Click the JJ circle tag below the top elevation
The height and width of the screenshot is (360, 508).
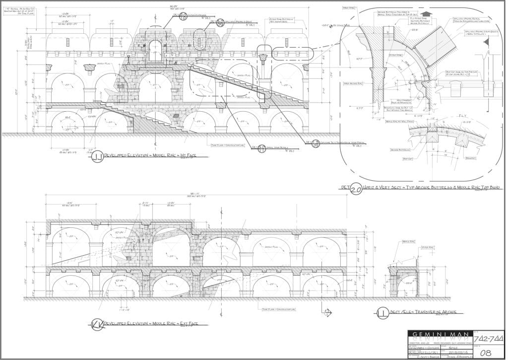click(97, 158)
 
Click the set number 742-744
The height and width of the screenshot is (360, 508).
click(489, 338)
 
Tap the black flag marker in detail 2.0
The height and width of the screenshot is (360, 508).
click(486, 43)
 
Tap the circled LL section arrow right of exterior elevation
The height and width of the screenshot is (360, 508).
click(327, 312)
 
